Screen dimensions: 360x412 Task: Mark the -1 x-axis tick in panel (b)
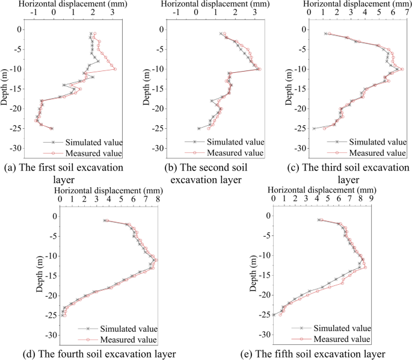coord(175,12)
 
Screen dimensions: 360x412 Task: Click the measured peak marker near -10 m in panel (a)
coord(114,69)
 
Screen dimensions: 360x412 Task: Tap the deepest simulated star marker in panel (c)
coord(313,128)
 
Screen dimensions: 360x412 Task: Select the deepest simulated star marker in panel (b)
coord(199,128)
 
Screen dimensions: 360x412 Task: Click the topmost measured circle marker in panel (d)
coord(107,221)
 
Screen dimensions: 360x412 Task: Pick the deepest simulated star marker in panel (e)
coord(274,315)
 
